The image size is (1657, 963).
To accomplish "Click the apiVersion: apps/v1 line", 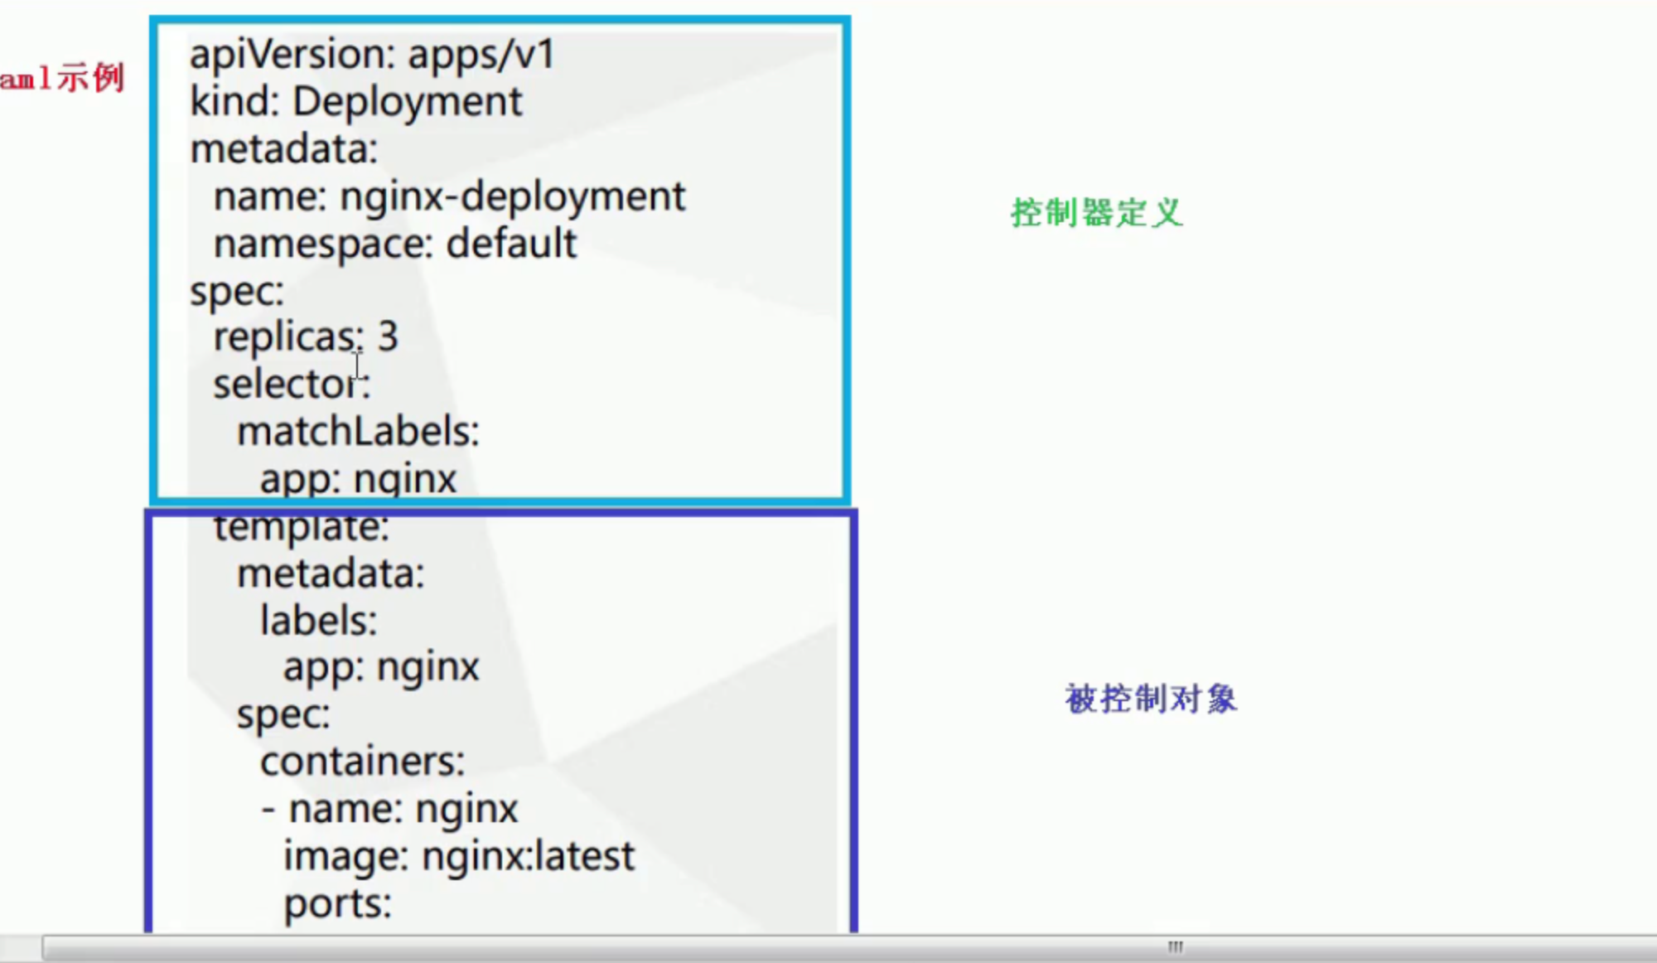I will tap(372, 56).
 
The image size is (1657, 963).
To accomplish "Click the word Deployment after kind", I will tap(407, 103).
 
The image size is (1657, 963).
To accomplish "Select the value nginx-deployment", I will tap(512, 197).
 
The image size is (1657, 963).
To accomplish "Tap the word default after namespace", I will tap(511, 244).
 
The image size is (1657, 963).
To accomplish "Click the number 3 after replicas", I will tap(388, 336).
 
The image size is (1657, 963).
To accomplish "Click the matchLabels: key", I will tap(358, 432).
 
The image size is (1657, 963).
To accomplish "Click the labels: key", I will tap(318, 621).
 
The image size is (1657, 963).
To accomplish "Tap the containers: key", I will tap(362, 762).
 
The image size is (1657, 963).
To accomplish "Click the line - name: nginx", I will tap(389, 809).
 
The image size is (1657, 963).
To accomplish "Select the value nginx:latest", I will tap(528, 856).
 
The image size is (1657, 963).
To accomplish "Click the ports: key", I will tap(337, 904).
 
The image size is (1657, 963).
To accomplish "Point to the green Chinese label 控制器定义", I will tap(1096, 213).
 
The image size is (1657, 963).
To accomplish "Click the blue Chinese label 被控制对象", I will tap(1151, 699).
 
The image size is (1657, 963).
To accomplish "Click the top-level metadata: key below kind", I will tap(283, 150).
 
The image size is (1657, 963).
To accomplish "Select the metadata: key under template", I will tap(330, 574).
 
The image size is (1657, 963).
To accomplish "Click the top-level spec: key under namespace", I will tap(236, 292).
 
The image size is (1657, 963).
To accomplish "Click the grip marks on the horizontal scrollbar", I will tap(1175, 946).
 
